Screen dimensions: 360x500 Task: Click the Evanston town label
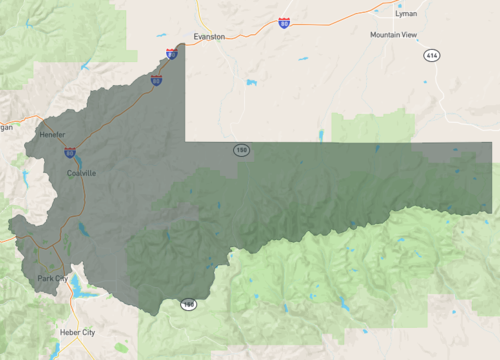(x=209, y=36)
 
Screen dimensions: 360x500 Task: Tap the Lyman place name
(x=407, y=14)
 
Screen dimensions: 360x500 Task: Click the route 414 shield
(x=431, y=54)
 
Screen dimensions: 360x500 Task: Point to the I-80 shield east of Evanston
(x=284, y=22)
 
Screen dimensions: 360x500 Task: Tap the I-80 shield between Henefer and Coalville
(x=70, y=152)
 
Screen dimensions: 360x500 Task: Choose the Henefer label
(x=52, y=135)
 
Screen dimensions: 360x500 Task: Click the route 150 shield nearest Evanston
(x=241, y=150)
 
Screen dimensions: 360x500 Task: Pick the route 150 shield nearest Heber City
(x=188, y=303)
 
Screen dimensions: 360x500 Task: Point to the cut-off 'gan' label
(x=6, y=127)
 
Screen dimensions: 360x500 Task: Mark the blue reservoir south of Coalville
(x=83, y=230)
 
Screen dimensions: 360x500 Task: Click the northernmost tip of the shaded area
(x=182, y=43)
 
